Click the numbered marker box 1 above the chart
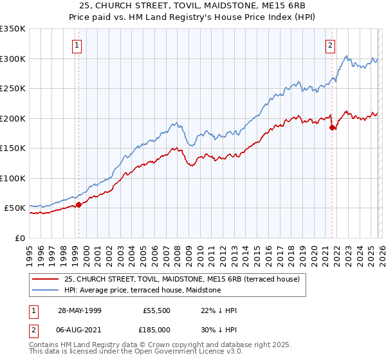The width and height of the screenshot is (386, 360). [77, 45]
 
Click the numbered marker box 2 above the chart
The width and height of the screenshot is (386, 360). [330, 45]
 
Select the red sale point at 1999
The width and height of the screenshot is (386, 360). [78, 205]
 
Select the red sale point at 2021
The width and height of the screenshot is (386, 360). [333, 127]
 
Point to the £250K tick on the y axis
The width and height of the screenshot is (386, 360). [13, 89]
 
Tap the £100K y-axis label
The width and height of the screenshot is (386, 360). [13, 178]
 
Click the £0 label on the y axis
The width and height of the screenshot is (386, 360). [19, 238]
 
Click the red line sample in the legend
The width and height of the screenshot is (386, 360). [46, 279]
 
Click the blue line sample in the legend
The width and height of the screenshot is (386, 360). [46, 290]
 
